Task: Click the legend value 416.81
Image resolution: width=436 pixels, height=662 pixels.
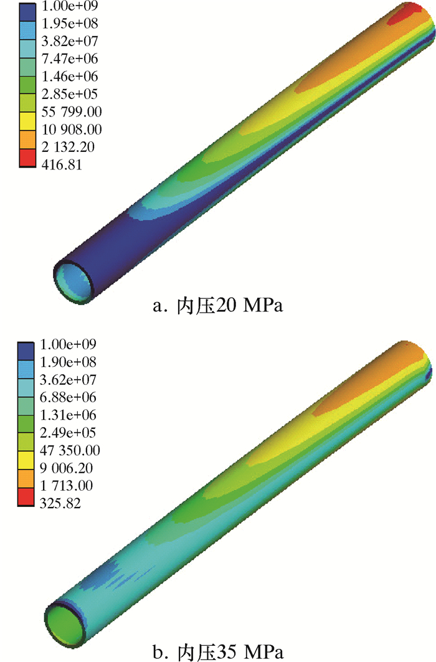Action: coord(62,164)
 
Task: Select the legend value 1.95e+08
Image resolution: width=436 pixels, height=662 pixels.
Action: coord(70,23)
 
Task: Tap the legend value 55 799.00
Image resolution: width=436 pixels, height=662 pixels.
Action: coord(72,111)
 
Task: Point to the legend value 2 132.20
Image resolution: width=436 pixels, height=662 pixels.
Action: coord(68,147)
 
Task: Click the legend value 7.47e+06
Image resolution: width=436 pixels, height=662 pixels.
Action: coord(70,59)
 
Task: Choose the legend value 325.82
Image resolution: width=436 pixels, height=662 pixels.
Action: coord(60,503)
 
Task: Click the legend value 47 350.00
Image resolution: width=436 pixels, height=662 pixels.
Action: coord(70,450)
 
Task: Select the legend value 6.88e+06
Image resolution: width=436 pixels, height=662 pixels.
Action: coord(68,397)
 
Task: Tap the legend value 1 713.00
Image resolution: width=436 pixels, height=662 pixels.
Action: coord(66,486)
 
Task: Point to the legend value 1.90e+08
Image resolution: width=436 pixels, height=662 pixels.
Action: coord(68,362)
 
